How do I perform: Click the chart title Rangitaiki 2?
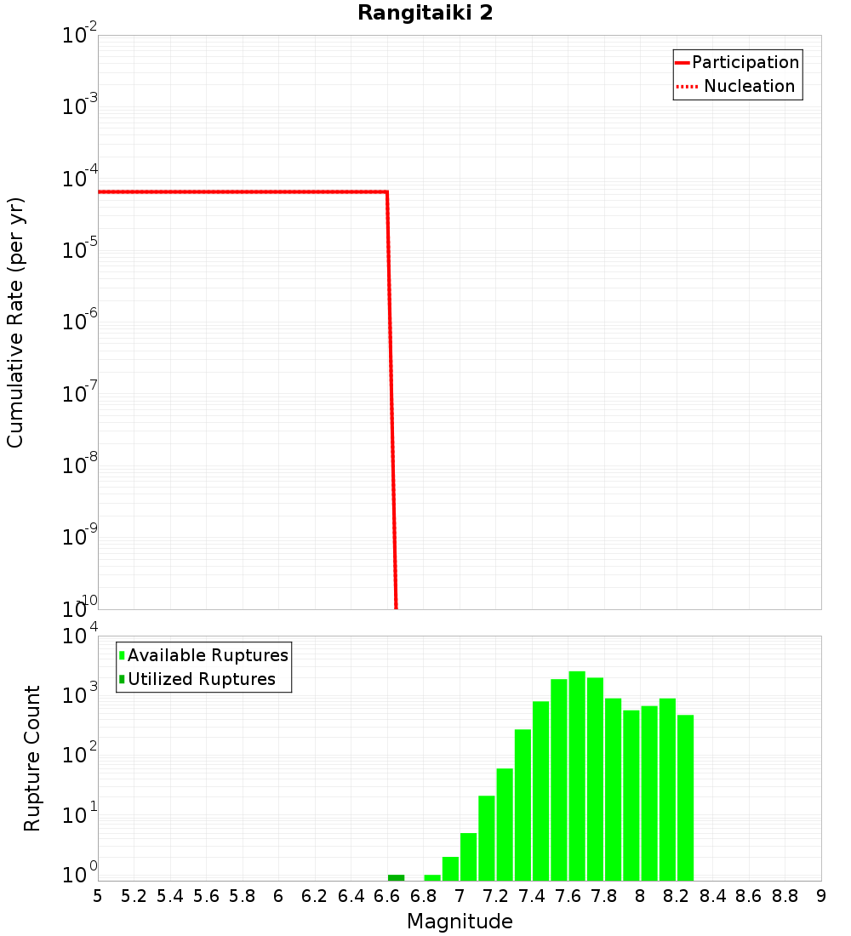tap(425, 14)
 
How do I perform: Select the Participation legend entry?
tap(745, 62)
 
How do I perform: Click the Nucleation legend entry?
tap(749, 86)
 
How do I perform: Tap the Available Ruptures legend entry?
tap(208, 655)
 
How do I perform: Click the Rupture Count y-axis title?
tap(32, 758)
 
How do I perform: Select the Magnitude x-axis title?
tap(460, 922)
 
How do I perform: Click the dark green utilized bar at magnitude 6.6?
tap(396, 877)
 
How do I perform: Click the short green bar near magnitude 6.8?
tap(432, 877)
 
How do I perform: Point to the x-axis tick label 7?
tap(460, 896)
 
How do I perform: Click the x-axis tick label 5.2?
tap(134, 896)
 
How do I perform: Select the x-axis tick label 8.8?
tap(785, 896)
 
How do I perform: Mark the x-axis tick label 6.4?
tap(351, 896)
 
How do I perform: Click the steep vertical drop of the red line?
tap(391, 400)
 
